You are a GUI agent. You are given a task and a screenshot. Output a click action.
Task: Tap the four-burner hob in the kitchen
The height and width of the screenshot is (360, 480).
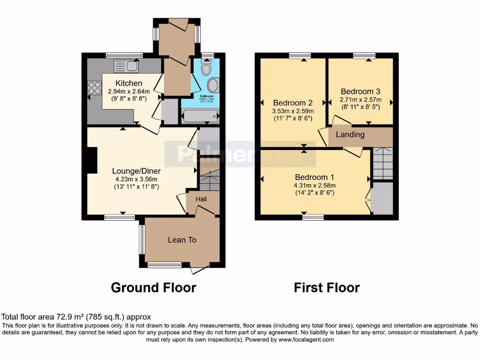click(x=95, y=88)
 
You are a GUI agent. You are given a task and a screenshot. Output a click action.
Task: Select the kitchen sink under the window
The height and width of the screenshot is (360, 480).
click(x=126, y=67)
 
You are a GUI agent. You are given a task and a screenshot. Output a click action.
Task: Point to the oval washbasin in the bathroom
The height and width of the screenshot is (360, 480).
click(x=213, y=86)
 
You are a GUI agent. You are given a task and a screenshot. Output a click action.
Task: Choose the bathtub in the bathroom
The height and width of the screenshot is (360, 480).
click(x=200, y=116)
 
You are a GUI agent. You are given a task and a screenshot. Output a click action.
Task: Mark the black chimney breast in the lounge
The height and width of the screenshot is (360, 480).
click(x=91, y=160)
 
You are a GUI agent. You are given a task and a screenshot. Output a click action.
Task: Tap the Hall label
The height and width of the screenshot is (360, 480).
click(x=201, y=199)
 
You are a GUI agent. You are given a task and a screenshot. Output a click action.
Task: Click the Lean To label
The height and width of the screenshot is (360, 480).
click(x=182, y=240)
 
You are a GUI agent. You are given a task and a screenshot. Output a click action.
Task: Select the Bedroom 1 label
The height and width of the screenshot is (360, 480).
click(x=314, y=177)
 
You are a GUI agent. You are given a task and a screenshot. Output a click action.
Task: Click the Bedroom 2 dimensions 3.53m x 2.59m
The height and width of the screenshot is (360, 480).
click(x=292, y=111)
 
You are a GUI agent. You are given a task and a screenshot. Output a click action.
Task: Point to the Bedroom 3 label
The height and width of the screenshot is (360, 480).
click(x=360, y=91)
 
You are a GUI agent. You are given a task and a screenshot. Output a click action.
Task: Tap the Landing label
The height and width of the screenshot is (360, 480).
click(x=350, y=135)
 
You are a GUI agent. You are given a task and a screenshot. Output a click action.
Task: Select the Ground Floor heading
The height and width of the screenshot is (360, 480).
click(x=153, y=287)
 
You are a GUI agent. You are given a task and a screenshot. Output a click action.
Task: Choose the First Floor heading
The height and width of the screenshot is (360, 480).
click(x=327, y=287)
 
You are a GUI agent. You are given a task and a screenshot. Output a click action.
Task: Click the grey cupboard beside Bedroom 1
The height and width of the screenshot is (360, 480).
click(x=382, y=199)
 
